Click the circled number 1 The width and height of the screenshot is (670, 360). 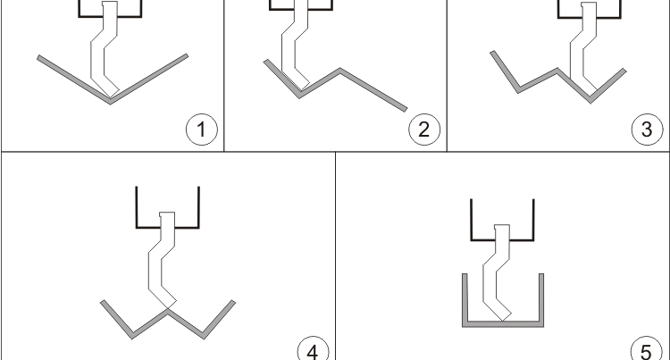202,129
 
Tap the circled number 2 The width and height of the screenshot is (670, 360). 424,129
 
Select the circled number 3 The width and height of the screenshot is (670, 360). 648,129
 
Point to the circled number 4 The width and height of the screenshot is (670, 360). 314,350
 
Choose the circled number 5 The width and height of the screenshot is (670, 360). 647,350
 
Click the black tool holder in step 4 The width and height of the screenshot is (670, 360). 137,207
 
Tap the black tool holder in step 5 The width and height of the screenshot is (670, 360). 472,221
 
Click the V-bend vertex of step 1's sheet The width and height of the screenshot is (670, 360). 110,101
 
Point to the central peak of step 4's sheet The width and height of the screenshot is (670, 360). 167,311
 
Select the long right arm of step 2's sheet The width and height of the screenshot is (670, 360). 373,89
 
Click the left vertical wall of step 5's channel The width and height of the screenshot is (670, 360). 465,300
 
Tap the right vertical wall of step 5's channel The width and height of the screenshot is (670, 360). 541,300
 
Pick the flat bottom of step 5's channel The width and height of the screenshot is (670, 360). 503,323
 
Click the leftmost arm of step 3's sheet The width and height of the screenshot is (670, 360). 505,71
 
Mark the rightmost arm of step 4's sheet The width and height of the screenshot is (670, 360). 219,319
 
